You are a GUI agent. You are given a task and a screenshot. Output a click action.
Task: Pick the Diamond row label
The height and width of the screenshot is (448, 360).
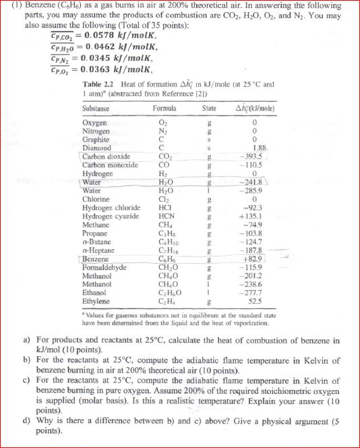coord(97,148)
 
